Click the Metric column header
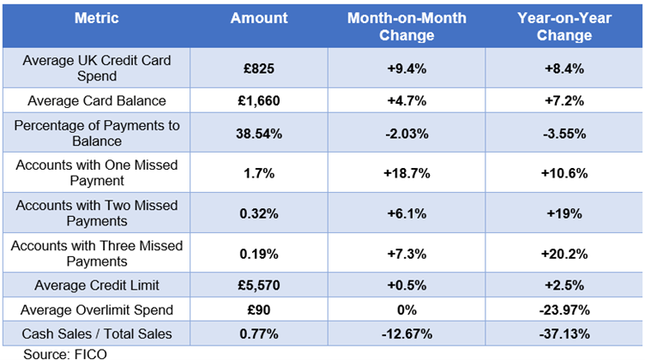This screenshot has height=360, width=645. tap(96, 17)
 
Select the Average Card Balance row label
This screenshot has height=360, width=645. tap(96, 100)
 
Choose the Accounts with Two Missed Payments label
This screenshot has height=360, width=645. tap(96, 213)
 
